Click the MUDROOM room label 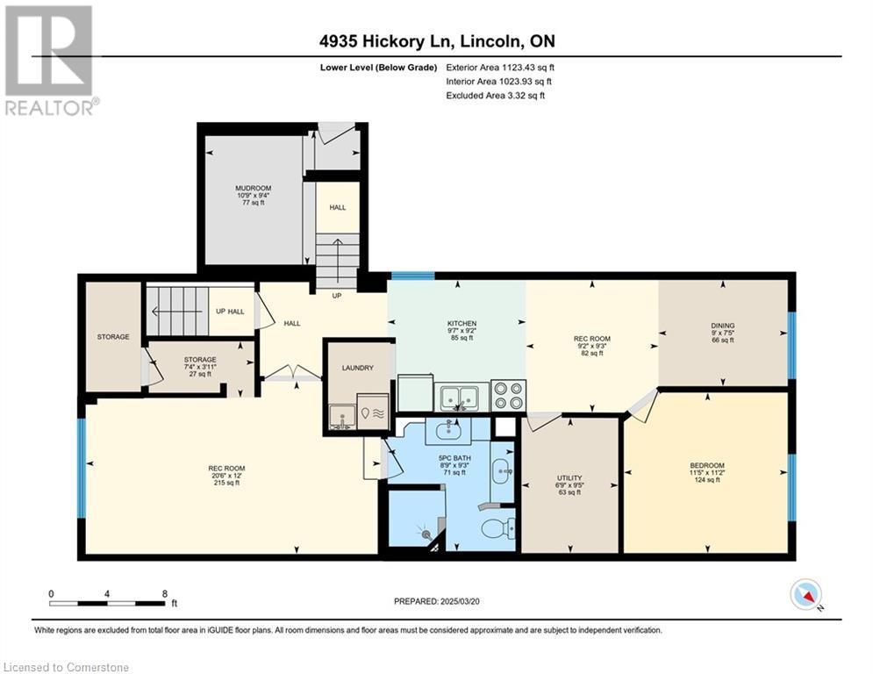click(x=253, y=189)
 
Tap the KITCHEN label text click(x=462, y=323)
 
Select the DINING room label click(x=723, y=326)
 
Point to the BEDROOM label click(x=707, y=466)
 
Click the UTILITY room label click(x=569, y=478)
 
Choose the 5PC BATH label click(x=454, y=458)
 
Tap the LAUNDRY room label click(x=357, y=368)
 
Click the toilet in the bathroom click(x=498, y=527)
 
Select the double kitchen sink click(x=460, y=398)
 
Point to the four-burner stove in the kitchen click(x=508, y=396)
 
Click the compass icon click(x=805, y=594)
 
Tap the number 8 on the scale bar click(x=165, y=594)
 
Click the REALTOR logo click(x=50, y=61)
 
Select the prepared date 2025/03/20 click(x=460, y=601)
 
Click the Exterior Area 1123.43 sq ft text click(x=500, y=68)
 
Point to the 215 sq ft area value click(x=226, y=483)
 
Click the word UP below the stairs click(x=337, y=296)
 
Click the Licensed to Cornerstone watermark click(x=66, y=667)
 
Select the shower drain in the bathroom click(x=426, y=534)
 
